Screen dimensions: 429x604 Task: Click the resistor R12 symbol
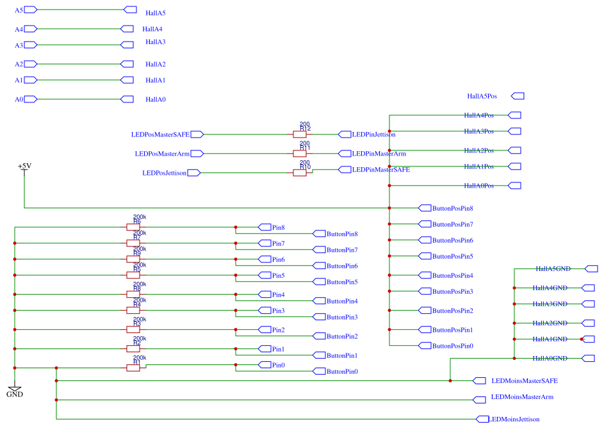pyautogui.click(x=299, y=134)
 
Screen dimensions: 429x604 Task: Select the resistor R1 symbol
pyautogui.click(x=133, y=368)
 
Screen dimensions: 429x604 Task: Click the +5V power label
pyautogui.click(x=24, y=166)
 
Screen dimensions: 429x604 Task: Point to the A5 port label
pyautogui.click(x=19, y=10)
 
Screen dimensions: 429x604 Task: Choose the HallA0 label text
pyautogui.click(x=155, y=100)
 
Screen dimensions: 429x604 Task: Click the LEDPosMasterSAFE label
pyautogui.click(x=160, y=134)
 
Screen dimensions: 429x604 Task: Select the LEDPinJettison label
pyautogui.click(x=373, y=134)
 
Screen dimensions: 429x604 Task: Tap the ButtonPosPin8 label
pyautogui.click(x=452, y=208)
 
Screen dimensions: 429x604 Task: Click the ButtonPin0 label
pyautogui.click(x=342, y=371)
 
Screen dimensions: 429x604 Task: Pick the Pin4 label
pyautogui.click(x=278, y=295)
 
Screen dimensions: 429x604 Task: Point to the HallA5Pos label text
pyautogui.click(x=482, y=96)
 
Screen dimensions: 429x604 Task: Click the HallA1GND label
pyautogui.click(x=551, y=339)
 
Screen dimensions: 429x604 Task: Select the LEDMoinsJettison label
pyautogui.click(x=515, y=419)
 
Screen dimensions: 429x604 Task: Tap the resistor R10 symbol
pyautogui.click(x=299, y=173)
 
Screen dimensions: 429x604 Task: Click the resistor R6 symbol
pyautogui.click(x=133, y=227)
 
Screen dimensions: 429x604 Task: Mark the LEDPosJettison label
pyautogui.click(x=165, y=173)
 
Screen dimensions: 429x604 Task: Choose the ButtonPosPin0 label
pyautogui.click(x=452, y=346)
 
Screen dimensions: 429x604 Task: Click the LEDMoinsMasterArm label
pyautogui.click(x=522, y=397)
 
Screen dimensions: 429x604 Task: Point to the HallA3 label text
pyautogui.click(x=155, y=42)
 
